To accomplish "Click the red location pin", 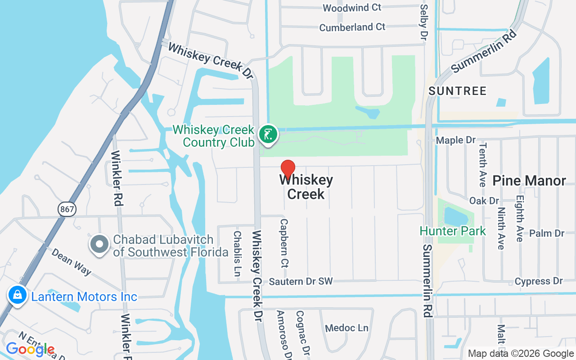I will pos(288,169).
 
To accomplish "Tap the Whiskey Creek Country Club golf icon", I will pos(268,135).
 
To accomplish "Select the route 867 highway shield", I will pos(67,208).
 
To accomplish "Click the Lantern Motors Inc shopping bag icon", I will pos(17,296).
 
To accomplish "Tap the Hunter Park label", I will pos(453,231).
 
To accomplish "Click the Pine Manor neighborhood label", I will pos(529,181).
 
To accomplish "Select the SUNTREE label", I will pos(458,91).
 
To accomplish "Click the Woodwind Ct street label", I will pos(352,8).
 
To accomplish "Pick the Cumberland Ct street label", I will pos(352,27).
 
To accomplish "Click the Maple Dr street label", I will pos(456,140).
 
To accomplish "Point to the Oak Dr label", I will pos(484,200).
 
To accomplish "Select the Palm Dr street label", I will pos(547,233).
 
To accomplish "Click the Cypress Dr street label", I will pos(539,281).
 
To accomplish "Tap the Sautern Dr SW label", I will pos(301,282).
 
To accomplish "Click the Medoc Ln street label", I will pos(346,328).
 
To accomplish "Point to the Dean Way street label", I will pos(71,261).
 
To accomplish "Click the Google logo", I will pos(30,349).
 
